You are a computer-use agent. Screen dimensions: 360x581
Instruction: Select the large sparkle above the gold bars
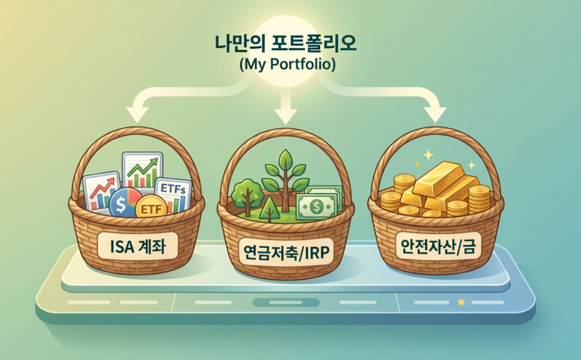(x=428, y=155)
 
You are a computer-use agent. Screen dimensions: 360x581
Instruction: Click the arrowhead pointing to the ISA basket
(x=137, y=115)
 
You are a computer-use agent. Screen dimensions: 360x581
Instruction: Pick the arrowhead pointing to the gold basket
(x=435, y=115)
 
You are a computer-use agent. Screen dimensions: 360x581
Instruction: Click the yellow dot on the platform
(x=461, y=302)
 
